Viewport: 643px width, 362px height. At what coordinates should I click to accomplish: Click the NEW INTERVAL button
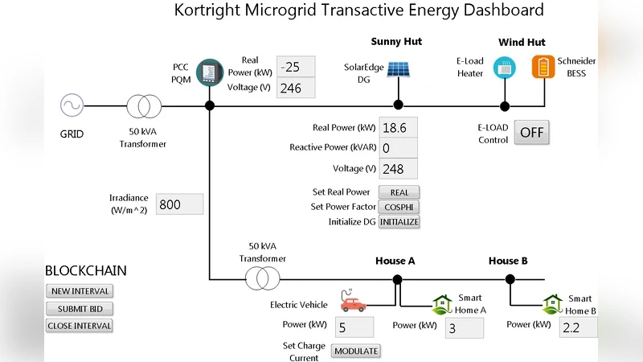pos(79,291)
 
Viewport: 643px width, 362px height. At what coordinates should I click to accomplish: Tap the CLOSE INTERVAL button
pos(79,326)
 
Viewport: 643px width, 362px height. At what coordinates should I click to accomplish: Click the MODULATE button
pos(355,351)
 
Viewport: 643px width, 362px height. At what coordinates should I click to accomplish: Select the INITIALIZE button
pos(399,222)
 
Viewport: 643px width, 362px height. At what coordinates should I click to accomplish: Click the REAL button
pos(399,192)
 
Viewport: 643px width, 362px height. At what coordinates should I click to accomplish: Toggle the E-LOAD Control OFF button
pos(532,133)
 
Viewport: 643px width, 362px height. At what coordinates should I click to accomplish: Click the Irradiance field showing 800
pos(179,204)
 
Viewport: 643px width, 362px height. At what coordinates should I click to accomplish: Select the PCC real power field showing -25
pos(296,66)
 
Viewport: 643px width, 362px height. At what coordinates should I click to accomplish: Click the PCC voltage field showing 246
pos(296,88)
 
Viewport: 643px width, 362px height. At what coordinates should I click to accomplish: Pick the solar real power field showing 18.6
pos(399,127)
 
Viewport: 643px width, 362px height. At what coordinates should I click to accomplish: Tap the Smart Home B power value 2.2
pos(576,327)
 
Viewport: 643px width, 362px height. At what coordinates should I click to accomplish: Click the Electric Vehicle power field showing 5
pos(354,327)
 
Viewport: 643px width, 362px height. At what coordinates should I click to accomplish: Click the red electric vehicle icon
pos(352,304)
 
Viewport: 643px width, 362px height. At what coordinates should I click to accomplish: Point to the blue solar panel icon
pos(397,69)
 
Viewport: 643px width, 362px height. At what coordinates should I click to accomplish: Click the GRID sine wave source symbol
pos(72,105)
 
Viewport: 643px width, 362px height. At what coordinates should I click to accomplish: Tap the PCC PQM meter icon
pos(209,73)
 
